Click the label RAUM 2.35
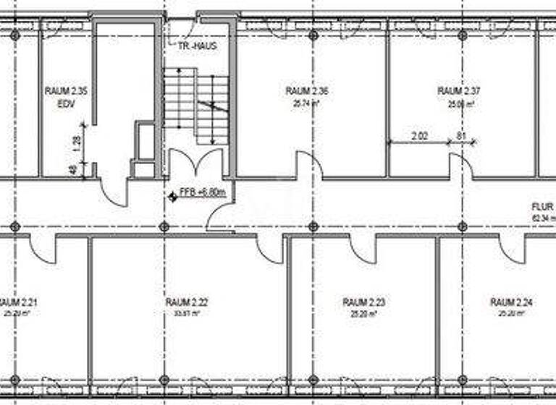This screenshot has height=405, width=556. [x=66, y=91]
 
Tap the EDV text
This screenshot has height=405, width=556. [x=66, y=103]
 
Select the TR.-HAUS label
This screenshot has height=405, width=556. [x=197, y=46]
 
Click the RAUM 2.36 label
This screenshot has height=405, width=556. [x=307, y=91]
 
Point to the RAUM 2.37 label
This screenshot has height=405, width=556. [x=459, y=91]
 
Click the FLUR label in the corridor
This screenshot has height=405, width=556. [x=543, y=206]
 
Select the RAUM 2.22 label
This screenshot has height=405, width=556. [x=187, y=302]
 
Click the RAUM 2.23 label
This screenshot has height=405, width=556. [x=364, y=302]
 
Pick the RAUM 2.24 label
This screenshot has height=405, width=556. [x=512, y=302]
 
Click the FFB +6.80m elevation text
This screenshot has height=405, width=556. [x=203, y=194]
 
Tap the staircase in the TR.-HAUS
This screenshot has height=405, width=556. [x=196, y=105]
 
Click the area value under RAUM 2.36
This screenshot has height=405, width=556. [x=307, y=103]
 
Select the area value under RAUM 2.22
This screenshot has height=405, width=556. [x=187, y=314]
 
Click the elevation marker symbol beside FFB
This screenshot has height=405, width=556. [x=172, y=195]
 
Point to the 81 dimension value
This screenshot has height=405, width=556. [x=460, y=135]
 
